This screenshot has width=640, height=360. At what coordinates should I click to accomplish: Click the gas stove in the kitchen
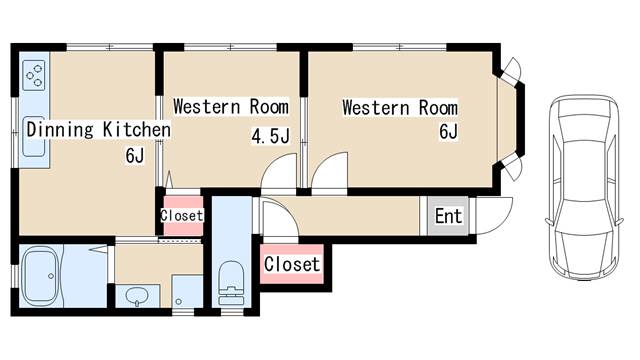pos(34,76)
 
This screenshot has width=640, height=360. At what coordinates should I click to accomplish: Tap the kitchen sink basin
pos(33,137)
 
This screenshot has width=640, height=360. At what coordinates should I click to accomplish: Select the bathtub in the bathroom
pos(41,276)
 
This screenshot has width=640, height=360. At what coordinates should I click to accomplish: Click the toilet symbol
pos(231,283)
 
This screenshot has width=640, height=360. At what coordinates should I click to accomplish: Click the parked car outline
pos(584,187)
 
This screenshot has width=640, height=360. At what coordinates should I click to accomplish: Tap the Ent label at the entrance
pos(448,216)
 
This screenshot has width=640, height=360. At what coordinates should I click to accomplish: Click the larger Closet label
pos(292,264)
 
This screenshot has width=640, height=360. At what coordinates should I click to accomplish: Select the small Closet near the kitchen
pos(182,216)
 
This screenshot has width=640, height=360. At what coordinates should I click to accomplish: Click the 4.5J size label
pos(271,136)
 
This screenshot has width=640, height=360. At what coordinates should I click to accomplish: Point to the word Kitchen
pos(137,129)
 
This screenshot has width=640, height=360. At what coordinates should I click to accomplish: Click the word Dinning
pos(60,130)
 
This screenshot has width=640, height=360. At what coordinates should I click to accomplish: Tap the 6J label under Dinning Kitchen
pos(135,156)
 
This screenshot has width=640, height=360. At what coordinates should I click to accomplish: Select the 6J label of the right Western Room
pos(448,131)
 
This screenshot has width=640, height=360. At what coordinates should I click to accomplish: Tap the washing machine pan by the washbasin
pos(187,291)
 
